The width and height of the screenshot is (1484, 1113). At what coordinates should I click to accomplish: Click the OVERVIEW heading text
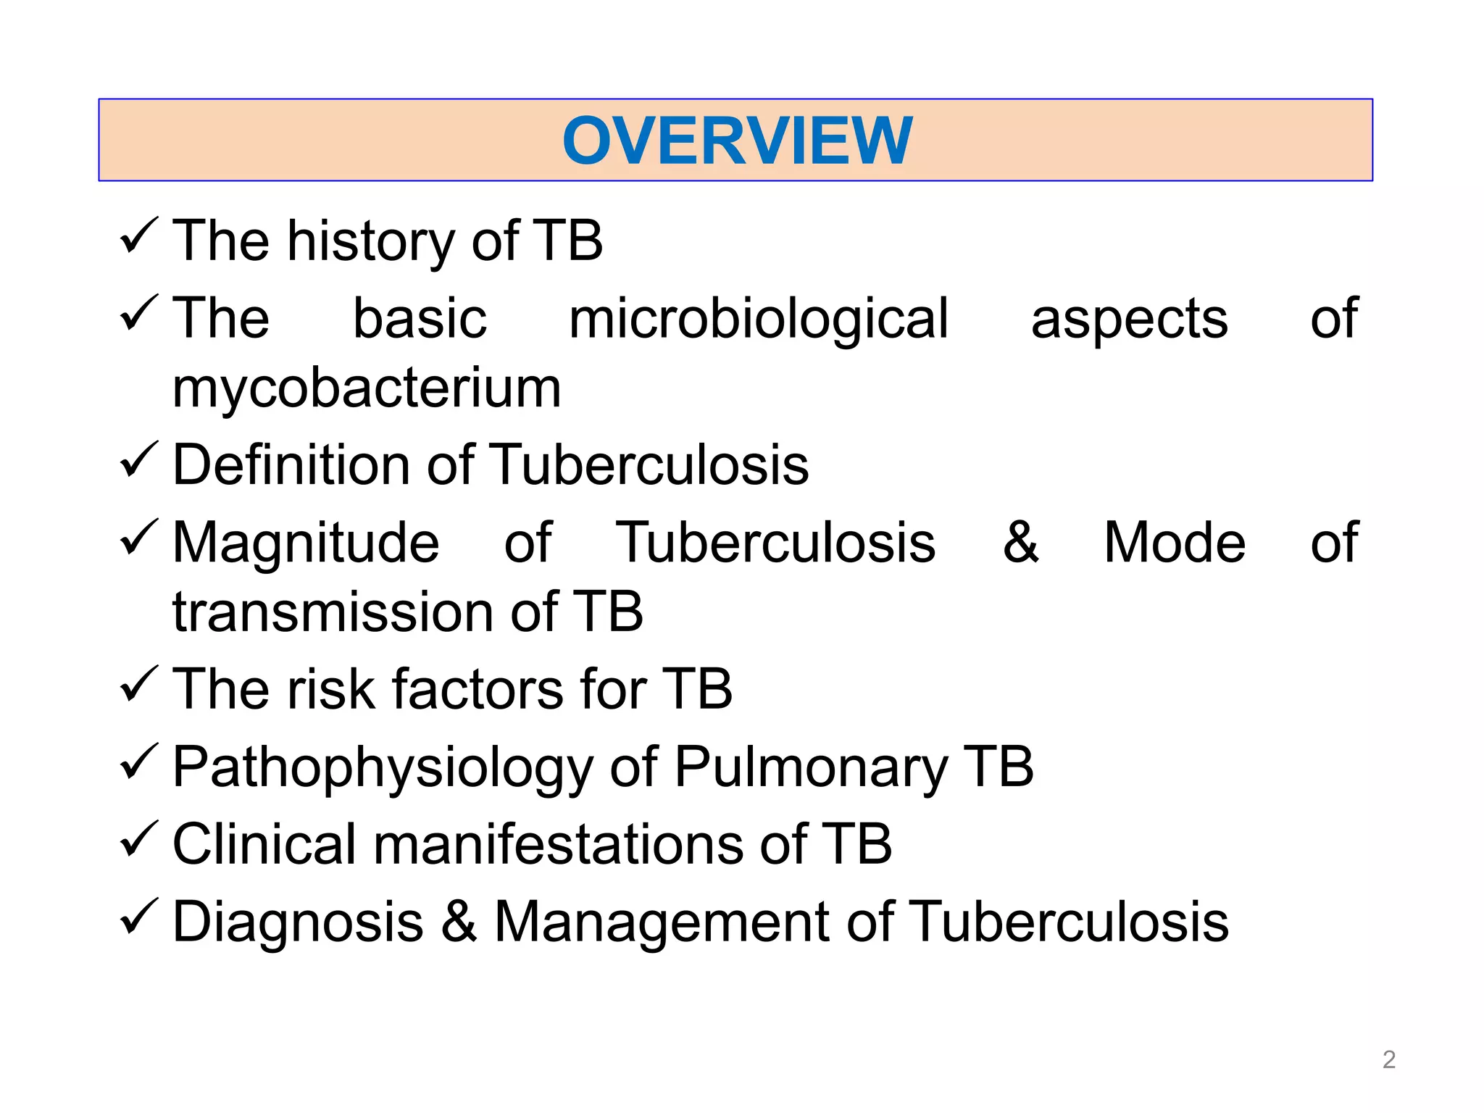[737, 141]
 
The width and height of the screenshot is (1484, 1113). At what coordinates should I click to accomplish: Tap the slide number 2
[1388, 1059]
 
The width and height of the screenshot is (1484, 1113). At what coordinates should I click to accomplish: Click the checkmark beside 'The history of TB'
[138, 236]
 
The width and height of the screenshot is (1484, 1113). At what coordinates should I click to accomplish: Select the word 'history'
[371, 241]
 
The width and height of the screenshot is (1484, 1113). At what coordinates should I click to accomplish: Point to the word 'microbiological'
[758, 320]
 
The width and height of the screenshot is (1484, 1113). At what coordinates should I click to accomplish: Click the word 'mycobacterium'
[367, 389]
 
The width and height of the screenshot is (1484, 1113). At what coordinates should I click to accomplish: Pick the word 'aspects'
[1129, 320]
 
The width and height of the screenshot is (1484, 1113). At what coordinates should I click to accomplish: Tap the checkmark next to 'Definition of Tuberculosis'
[138, 460]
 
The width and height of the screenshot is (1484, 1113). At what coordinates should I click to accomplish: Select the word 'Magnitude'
[306, 543]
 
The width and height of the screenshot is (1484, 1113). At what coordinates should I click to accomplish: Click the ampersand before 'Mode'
[1020, 542]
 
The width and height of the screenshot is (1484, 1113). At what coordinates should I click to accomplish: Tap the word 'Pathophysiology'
[383, 768]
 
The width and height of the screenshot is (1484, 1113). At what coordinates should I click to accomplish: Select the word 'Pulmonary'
[811, 768]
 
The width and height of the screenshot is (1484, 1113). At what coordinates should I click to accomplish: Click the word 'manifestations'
[558, 845]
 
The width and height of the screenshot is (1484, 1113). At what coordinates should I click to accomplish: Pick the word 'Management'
[662, 923]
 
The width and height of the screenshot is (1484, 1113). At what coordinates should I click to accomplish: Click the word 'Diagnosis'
[298, 922]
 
